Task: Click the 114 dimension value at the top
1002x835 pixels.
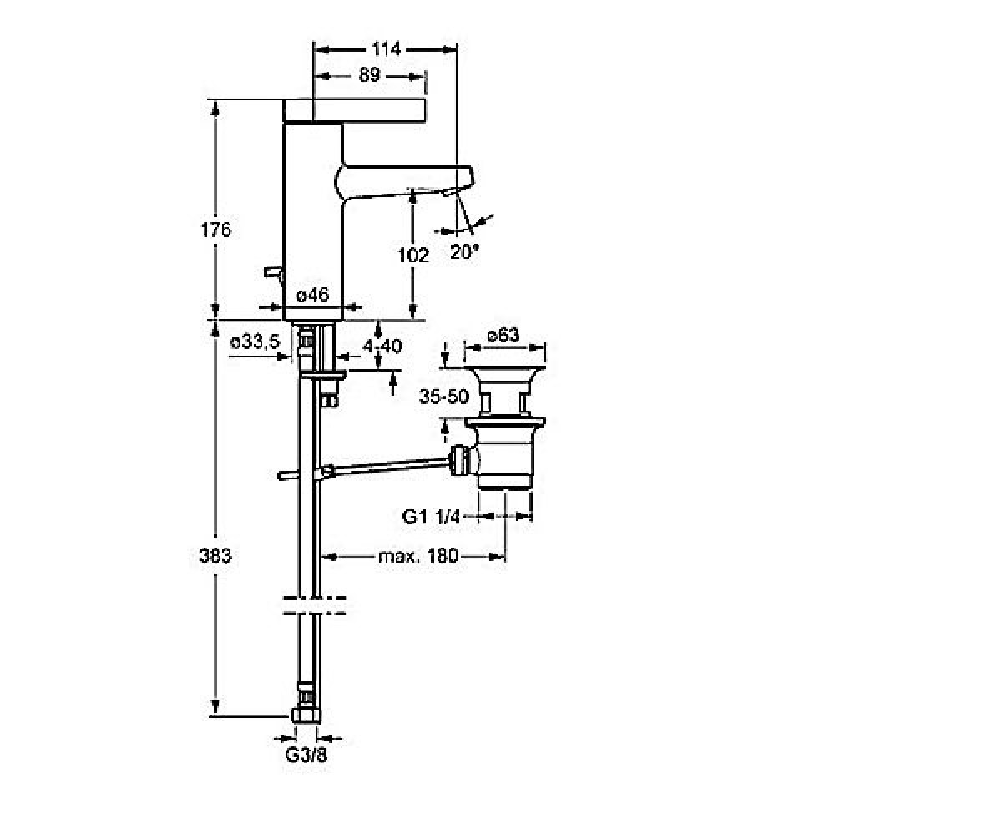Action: point(386,49)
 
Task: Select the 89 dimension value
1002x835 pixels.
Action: point(369,75)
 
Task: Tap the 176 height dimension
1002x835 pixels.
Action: point(215,230)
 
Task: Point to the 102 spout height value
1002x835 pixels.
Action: point(412,255)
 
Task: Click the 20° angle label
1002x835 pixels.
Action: point(464,251)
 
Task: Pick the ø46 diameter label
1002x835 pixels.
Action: point(313,295)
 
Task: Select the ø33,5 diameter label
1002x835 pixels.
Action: point(255,342)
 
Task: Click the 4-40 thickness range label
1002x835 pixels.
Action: point(382,346)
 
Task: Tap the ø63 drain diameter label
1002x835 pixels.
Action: point(504,335)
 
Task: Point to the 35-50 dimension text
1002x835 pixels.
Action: point(443,397)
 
